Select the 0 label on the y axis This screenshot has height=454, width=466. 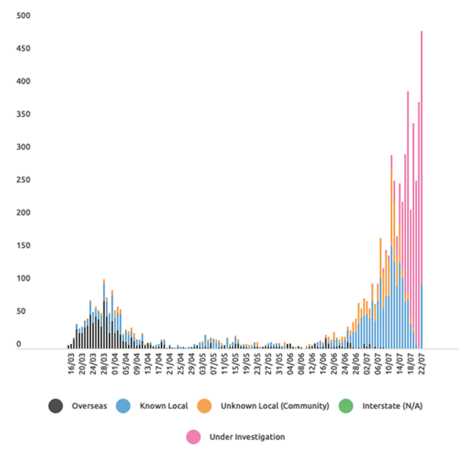click(19, 344)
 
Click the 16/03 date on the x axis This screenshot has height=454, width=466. click(72, 363)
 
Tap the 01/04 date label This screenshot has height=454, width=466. click(116, 363)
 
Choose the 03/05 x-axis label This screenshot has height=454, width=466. click(203, 363)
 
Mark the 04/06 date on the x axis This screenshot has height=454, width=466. click(290, 363)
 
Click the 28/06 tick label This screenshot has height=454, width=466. click(357, 363)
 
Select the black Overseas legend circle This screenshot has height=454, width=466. click(56, 406)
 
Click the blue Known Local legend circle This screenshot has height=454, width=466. click(124, 406)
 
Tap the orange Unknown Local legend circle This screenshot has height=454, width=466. click(205, 406)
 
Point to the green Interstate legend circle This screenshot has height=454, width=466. click(346, 406)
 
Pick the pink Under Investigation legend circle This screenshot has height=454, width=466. click(193, 437)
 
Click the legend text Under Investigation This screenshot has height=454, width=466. click(247, 437)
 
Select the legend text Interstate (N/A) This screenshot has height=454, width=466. click(392, 406)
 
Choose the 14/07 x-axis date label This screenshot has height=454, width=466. click(400, 363)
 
